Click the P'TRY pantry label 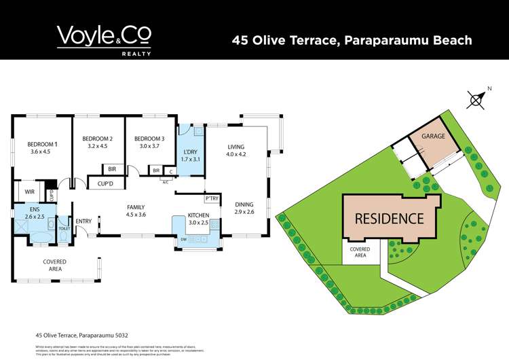click(x=211, y=198)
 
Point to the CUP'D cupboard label click(x=105, y=183)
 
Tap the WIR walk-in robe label click(x=29, y=192)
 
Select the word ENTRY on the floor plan click(x=83, y=221)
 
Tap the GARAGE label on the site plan click(x=434, y=137)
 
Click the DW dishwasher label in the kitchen click(x=183, y=240)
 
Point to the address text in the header click(x=352, y=40)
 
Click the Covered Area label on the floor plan click(x=53, y=266)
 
